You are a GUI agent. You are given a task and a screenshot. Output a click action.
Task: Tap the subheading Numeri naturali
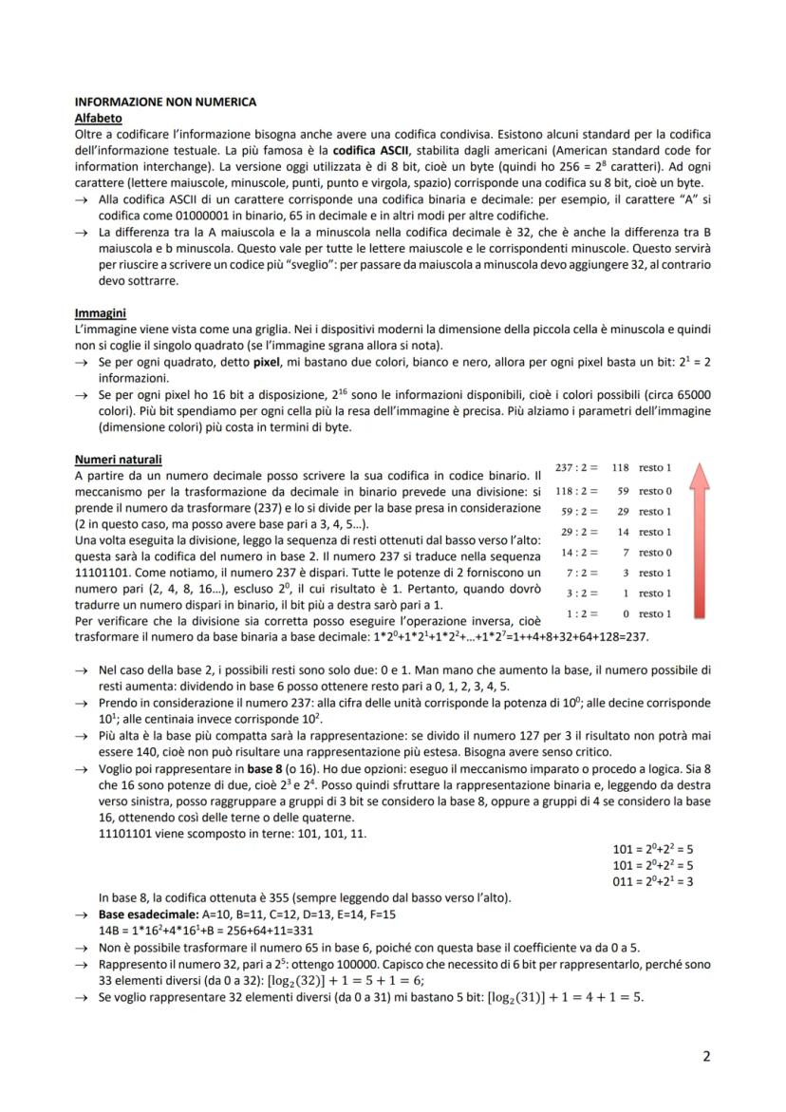[x=119, y=460]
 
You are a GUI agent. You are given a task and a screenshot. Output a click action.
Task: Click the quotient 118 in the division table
[x=620, y=468]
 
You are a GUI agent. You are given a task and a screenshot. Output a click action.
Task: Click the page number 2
[x=706, y=1056]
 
